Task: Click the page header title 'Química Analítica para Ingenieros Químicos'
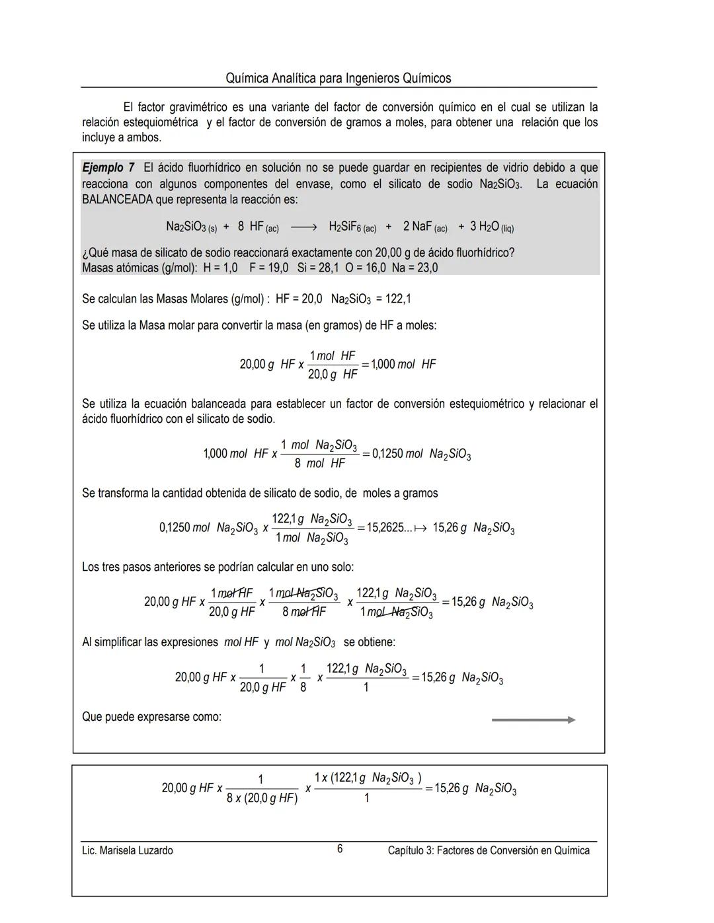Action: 338,79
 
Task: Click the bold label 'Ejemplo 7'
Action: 108,168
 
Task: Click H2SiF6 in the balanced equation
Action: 352,227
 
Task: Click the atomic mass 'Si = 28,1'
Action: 319,268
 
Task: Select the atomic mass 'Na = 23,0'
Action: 415,268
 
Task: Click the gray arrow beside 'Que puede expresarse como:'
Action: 533,720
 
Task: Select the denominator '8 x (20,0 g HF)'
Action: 262,799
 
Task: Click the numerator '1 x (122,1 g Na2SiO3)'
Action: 368,778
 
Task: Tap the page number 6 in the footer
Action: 340,849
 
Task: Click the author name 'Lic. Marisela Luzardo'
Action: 127,850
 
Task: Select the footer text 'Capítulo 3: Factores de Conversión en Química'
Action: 489,850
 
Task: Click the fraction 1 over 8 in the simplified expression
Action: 303,678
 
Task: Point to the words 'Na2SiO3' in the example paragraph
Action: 500,184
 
